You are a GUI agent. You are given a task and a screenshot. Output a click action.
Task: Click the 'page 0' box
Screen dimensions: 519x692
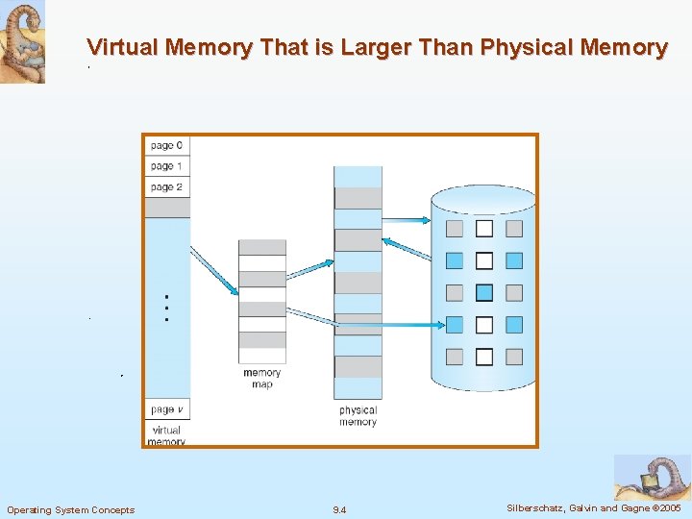(x=167, y=145)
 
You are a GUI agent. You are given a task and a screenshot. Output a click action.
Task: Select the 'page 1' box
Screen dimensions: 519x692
(x=167, y=166)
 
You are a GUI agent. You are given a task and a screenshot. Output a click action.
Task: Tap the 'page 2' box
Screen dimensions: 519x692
(x=167, y=187)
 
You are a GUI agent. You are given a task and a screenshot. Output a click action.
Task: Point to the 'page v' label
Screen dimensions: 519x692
(x=167, y=409)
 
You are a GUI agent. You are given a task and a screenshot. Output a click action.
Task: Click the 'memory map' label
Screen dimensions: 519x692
(x=261, y=379)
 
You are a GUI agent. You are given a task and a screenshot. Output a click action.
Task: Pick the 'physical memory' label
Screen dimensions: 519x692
(x=358, y=416)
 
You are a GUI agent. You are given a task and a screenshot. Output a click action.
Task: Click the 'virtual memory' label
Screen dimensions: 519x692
(x=166, y=436)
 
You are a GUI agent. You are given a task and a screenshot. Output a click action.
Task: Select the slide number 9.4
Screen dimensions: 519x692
(x=339, y=509)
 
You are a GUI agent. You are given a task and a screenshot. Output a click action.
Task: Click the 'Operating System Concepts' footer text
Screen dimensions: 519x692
(x=71, y=509)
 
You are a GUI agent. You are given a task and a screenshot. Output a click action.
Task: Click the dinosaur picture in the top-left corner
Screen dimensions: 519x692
(x=22, y=42)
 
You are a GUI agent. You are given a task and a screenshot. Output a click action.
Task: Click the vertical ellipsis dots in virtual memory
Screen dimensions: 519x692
(x=167, y=307)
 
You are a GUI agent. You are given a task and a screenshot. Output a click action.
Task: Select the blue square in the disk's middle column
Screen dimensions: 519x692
(x=484, y=292)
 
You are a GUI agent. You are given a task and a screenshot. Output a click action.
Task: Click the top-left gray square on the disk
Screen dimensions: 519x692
(x=455, y=229)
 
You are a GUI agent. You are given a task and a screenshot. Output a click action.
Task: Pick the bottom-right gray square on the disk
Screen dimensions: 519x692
(x=514, y=357)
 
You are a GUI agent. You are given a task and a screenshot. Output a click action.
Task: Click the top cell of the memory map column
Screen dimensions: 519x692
(x=262, y=247)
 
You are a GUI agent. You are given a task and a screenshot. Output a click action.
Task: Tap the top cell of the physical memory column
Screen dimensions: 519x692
(x=358, y=177)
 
